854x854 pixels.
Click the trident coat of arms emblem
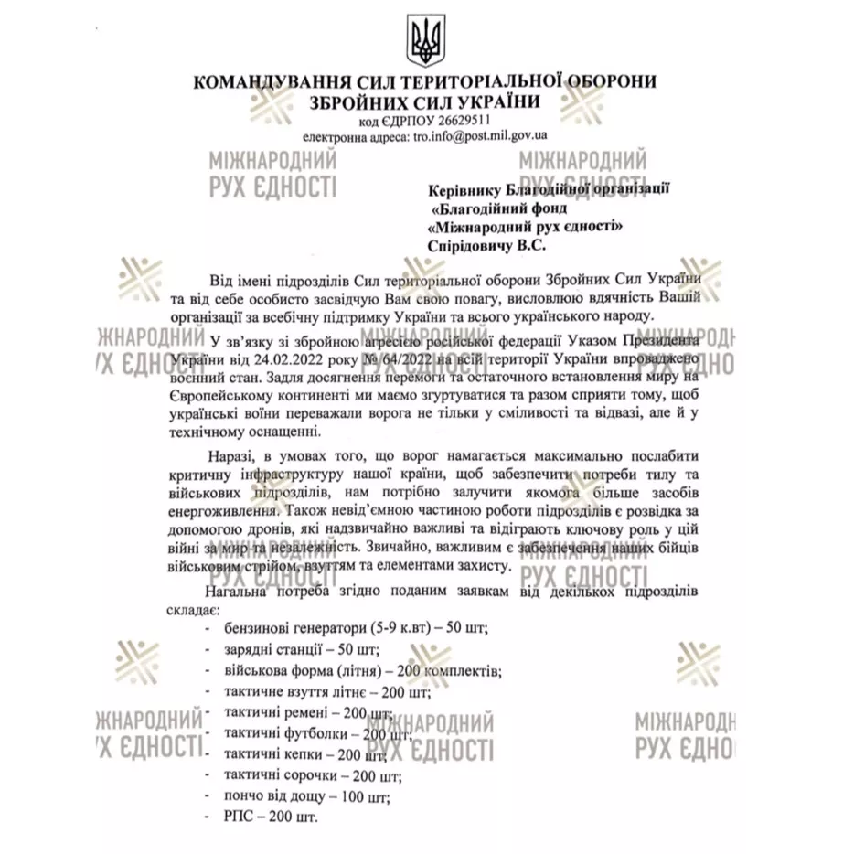click(x=426, y=41)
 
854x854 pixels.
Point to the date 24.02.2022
click(x=262, y=362)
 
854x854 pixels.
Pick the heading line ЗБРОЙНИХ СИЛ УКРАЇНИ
click(x=425, y=101)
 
